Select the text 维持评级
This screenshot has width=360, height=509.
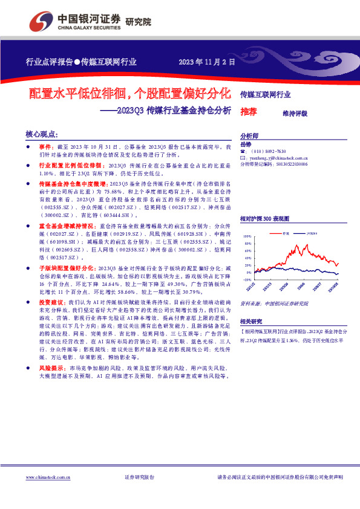(x=295, y=113)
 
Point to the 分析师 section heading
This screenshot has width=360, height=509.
(x=249, y=136)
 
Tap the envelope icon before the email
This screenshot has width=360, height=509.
(x=243, y=157)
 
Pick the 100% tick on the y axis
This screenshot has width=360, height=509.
(x=247, y=237)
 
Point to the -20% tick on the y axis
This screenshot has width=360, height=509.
(x=247, y=280)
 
